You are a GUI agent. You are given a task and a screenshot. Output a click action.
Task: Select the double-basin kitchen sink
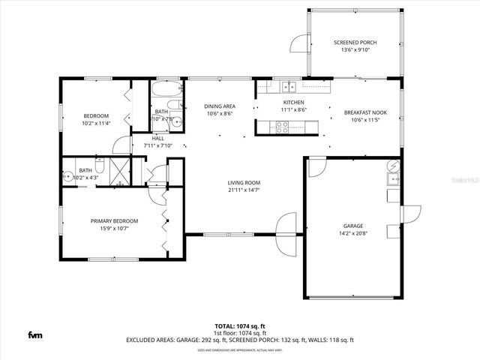(x=288, y=86)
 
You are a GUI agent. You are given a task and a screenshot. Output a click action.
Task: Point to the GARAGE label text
(x=353, y=226)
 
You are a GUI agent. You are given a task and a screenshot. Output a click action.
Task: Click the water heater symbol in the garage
(x=392, y=166)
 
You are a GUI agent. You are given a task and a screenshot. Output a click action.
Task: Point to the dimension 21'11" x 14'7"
(x=244, y=190)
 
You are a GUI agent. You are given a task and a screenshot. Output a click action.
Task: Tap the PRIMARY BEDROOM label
(x=115, y=220)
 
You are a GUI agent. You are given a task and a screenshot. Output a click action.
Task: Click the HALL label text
(x=157, y=138)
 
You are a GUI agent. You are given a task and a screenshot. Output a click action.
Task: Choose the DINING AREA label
(x=220, y=106)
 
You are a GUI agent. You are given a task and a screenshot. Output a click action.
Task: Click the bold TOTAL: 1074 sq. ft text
(x=239, y=326)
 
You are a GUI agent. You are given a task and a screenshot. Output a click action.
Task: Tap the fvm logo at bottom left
(x=35, y=334)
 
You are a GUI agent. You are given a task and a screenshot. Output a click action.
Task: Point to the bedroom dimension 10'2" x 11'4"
(x=97, y=123)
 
